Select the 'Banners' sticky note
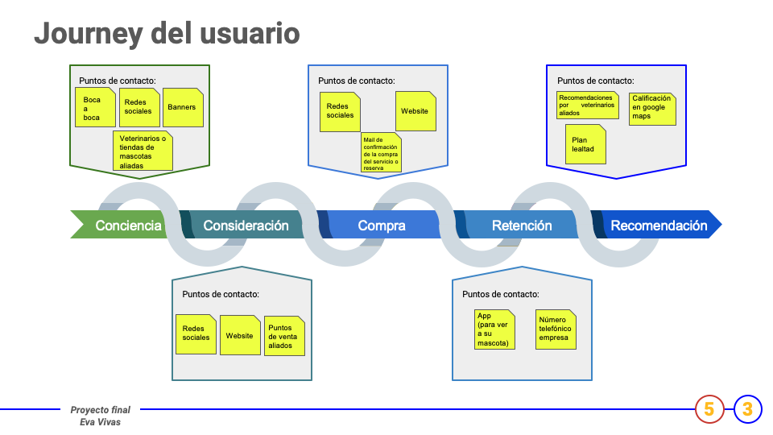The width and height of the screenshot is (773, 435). coord(183,107)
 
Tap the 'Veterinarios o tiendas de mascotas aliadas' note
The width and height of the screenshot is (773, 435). coord(143,151)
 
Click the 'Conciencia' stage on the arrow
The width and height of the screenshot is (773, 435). coord(128,226)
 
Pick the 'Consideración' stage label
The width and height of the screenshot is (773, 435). coord(246,226)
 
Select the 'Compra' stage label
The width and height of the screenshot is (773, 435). coord(382,226)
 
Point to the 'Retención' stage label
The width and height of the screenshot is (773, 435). coord(522,226)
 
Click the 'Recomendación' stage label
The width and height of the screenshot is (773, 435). coord(659,226)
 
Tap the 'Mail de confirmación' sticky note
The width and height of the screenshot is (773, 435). coord(381,153)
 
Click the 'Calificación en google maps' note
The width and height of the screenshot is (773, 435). coord(652,108)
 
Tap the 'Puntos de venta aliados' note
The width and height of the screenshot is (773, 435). coord(284,336)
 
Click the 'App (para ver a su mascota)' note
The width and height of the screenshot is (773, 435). coord(494,329)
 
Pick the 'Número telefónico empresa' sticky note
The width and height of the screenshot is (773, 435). coord(556,329)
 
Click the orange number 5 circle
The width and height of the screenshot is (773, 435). coord(709,409)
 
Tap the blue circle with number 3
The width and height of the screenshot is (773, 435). coord(747,409)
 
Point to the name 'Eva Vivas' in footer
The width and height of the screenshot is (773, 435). coord(100,421)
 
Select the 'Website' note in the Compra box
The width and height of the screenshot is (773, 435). coord(415,111)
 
